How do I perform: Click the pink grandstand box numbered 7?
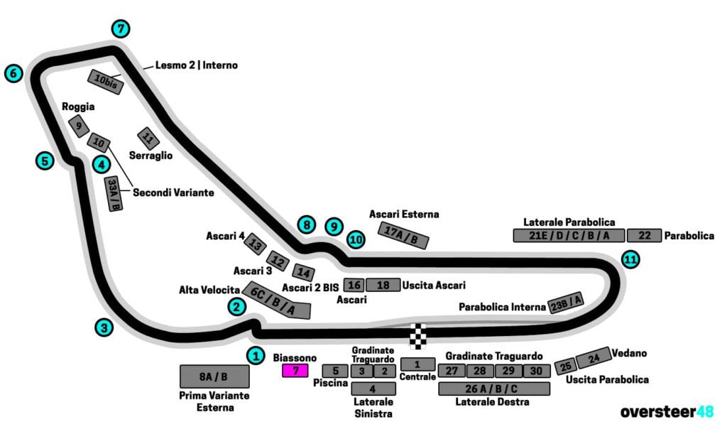click(x=295, y=370)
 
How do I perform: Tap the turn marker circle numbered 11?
click(x=630, y=259)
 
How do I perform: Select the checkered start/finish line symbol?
click(x=420, y=336)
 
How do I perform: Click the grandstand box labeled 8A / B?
click(x=214, y=376)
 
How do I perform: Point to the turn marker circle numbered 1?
click(x=256, y=354)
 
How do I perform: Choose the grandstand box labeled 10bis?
click(x=106, y=83)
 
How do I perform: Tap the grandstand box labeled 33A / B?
click(x=114, y=194)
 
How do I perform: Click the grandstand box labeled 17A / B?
click(x=405, y=234)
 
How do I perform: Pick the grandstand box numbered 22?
click(x=644, y=236)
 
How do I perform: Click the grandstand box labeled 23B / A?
click(x=567, y=303)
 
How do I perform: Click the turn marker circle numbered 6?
click(x=13, y=73)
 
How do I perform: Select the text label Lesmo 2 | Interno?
click(x=197, y=65)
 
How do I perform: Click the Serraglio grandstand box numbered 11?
click(x=148, y=138)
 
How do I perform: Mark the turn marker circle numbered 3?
click(x=104, y=327)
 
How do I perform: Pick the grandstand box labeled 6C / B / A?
click(x=277, y=300)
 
